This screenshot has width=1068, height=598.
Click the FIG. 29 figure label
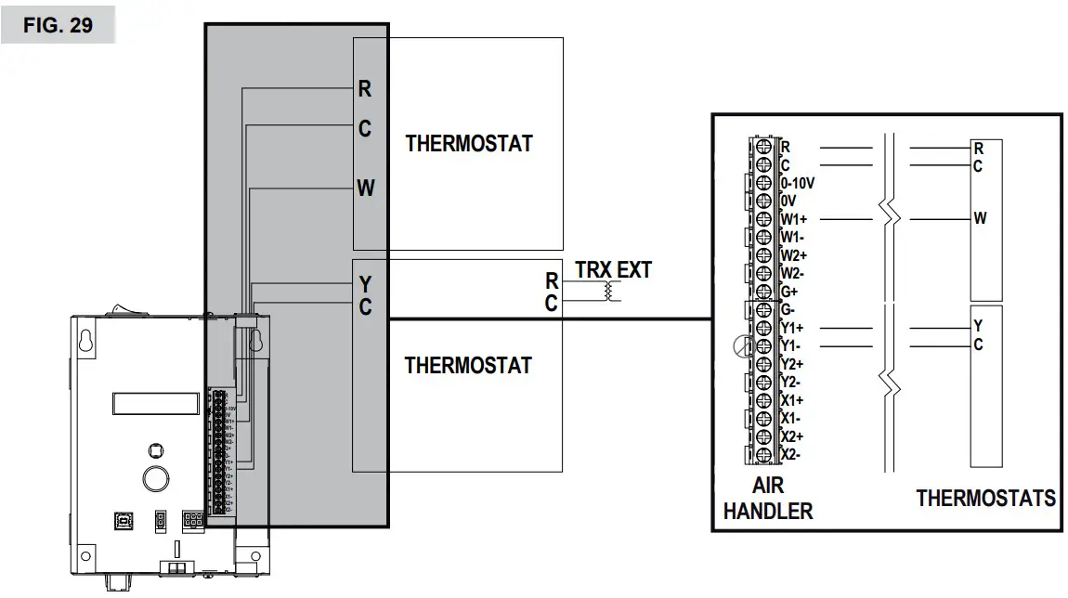click(x=58, y=25)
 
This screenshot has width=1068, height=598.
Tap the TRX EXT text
click(x=613, y=270)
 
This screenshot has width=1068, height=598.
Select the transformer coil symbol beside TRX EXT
click(x=608, y=292)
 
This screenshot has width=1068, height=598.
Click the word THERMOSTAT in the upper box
click(x=469, y=144)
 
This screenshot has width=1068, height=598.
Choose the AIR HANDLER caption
click(x=768, y=498)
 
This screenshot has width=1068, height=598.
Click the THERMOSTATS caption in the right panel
click(x=985, y=499)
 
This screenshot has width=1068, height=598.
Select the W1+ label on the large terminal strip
click(x=793, y=219)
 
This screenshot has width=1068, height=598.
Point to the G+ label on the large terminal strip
click(x=789, y=292)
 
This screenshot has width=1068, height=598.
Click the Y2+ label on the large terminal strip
click(x=791, y=364)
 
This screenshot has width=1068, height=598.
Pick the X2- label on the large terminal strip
click(x=790, y=454)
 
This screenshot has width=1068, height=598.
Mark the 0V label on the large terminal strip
click(x=788, y=201)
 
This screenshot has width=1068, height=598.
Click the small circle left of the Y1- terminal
click(x=741, y=347)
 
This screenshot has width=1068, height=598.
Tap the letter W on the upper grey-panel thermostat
click(x=366, y=188)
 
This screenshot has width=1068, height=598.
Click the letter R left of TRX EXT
click(x=552, y=280)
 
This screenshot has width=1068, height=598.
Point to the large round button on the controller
click(x=154, y=478)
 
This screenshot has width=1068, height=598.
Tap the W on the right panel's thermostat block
click(x=980, y=219)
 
